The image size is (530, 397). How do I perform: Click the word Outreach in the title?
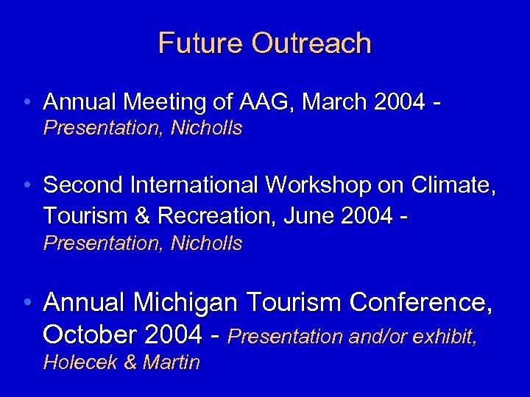coord(311,43)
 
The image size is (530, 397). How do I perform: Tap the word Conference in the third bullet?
coord(421,302)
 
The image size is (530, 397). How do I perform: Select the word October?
coord(91,335)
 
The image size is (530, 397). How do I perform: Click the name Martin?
coord(172,362)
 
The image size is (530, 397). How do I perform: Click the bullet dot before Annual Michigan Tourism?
coord(27,302)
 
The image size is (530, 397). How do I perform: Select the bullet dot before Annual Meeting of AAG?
coord(27,101)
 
